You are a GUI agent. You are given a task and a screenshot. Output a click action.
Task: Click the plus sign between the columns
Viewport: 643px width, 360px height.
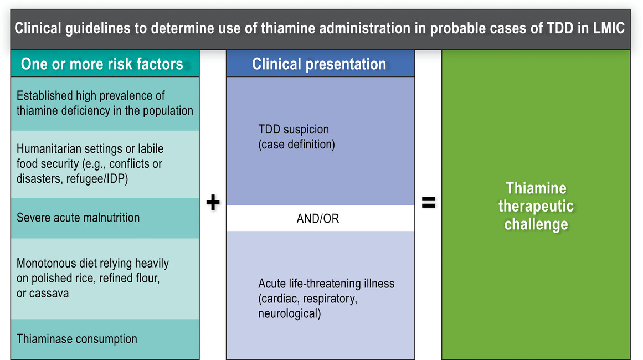coord(213,202)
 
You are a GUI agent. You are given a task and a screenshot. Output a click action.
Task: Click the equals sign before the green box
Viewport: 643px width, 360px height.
coord(429,202)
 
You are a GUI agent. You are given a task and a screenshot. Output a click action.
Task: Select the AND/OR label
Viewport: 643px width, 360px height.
coord(318,219)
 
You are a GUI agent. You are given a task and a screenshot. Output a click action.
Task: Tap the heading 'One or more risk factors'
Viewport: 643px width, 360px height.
coord(102,64)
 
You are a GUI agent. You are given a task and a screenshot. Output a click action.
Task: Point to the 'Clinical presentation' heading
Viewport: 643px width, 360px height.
coord(319,64)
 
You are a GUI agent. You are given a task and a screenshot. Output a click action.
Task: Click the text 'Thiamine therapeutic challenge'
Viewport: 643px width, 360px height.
coord(536,206)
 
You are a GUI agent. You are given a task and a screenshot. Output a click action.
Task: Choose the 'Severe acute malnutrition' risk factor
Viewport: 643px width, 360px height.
coord(78,217)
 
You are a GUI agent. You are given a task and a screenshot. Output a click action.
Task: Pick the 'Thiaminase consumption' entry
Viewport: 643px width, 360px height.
coord(76,339)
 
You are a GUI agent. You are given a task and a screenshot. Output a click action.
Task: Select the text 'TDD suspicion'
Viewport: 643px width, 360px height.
coord(294,129)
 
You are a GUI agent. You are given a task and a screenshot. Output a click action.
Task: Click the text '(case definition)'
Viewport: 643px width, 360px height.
coord(296,145)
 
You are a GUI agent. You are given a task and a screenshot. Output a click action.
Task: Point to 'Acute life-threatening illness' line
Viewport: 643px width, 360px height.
coord(326,284)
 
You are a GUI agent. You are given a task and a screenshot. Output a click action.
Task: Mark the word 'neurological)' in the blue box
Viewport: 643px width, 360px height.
coord(290,313)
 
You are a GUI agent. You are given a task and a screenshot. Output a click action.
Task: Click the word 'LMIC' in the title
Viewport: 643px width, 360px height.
coord(609,28)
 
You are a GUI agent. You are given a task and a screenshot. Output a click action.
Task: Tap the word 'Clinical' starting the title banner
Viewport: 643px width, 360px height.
coord(38,28)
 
